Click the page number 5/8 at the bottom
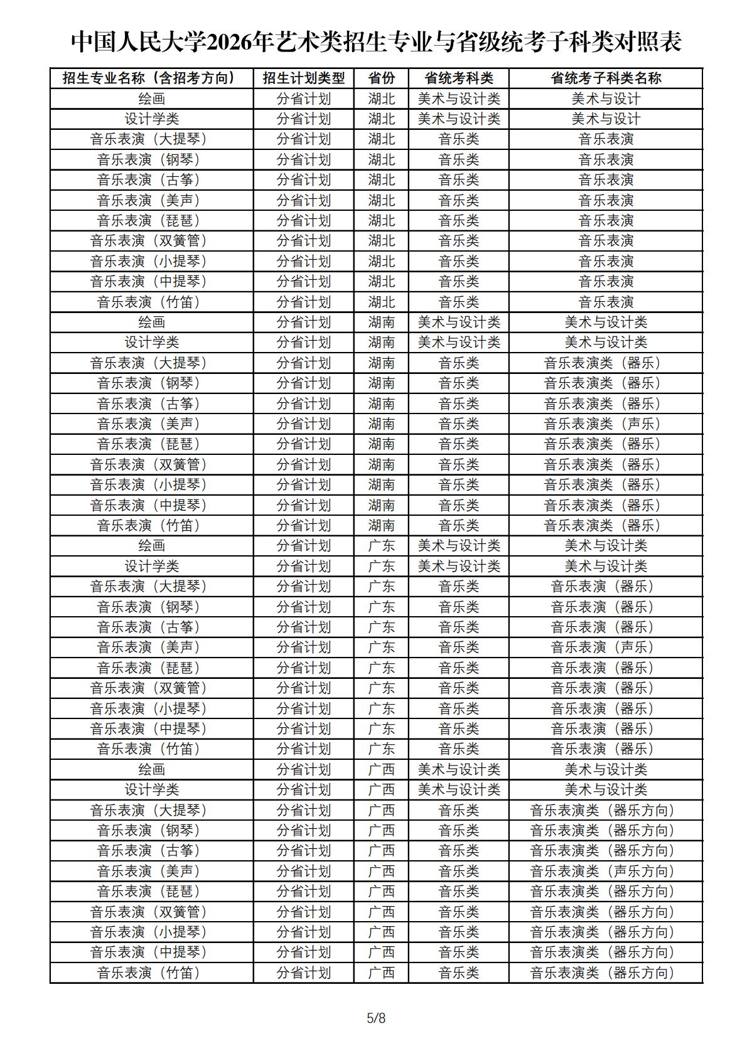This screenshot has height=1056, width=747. (x=376, y=1018)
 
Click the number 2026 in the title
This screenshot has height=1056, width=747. (x=230, y=43)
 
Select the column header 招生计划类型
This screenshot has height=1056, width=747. (x=304, y=78)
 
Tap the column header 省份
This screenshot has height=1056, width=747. (x=381, y=78)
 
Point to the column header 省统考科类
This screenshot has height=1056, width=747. (x=459, y=78)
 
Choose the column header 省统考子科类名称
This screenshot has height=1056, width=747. (x=606, y=78)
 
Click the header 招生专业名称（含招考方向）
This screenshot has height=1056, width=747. (x=152, y=78)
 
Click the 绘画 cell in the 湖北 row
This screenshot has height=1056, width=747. (x=152, y=99)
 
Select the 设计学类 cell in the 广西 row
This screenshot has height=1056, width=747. (x=152, y=790)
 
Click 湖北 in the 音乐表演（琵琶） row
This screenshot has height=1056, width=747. (x=381, y=221)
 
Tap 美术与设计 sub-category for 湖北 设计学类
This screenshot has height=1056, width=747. (x=606, y=119)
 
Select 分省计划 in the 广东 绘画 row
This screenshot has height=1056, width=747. (x=304, y=546)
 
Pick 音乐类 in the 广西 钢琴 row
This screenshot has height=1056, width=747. (x=459, y=831)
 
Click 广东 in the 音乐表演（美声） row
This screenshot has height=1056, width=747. (x=381, y=648)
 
